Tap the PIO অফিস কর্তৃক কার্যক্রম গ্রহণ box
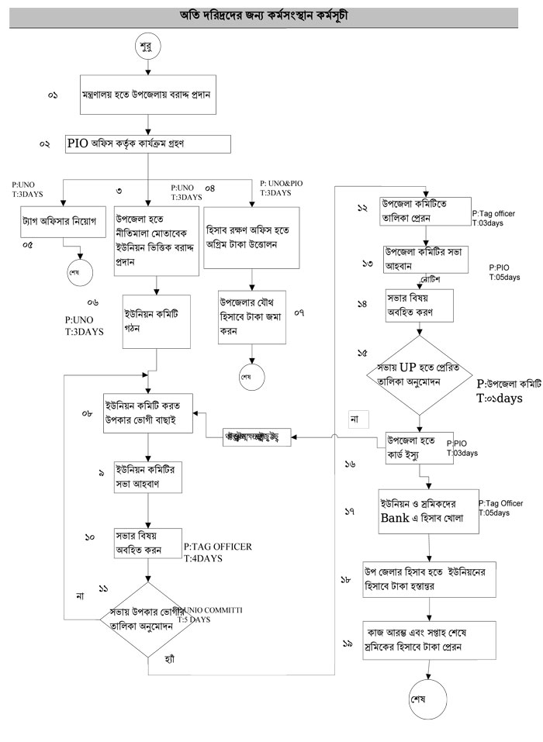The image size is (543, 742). tap(147, 144)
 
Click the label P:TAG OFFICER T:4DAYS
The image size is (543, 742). tap(218, 552)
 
